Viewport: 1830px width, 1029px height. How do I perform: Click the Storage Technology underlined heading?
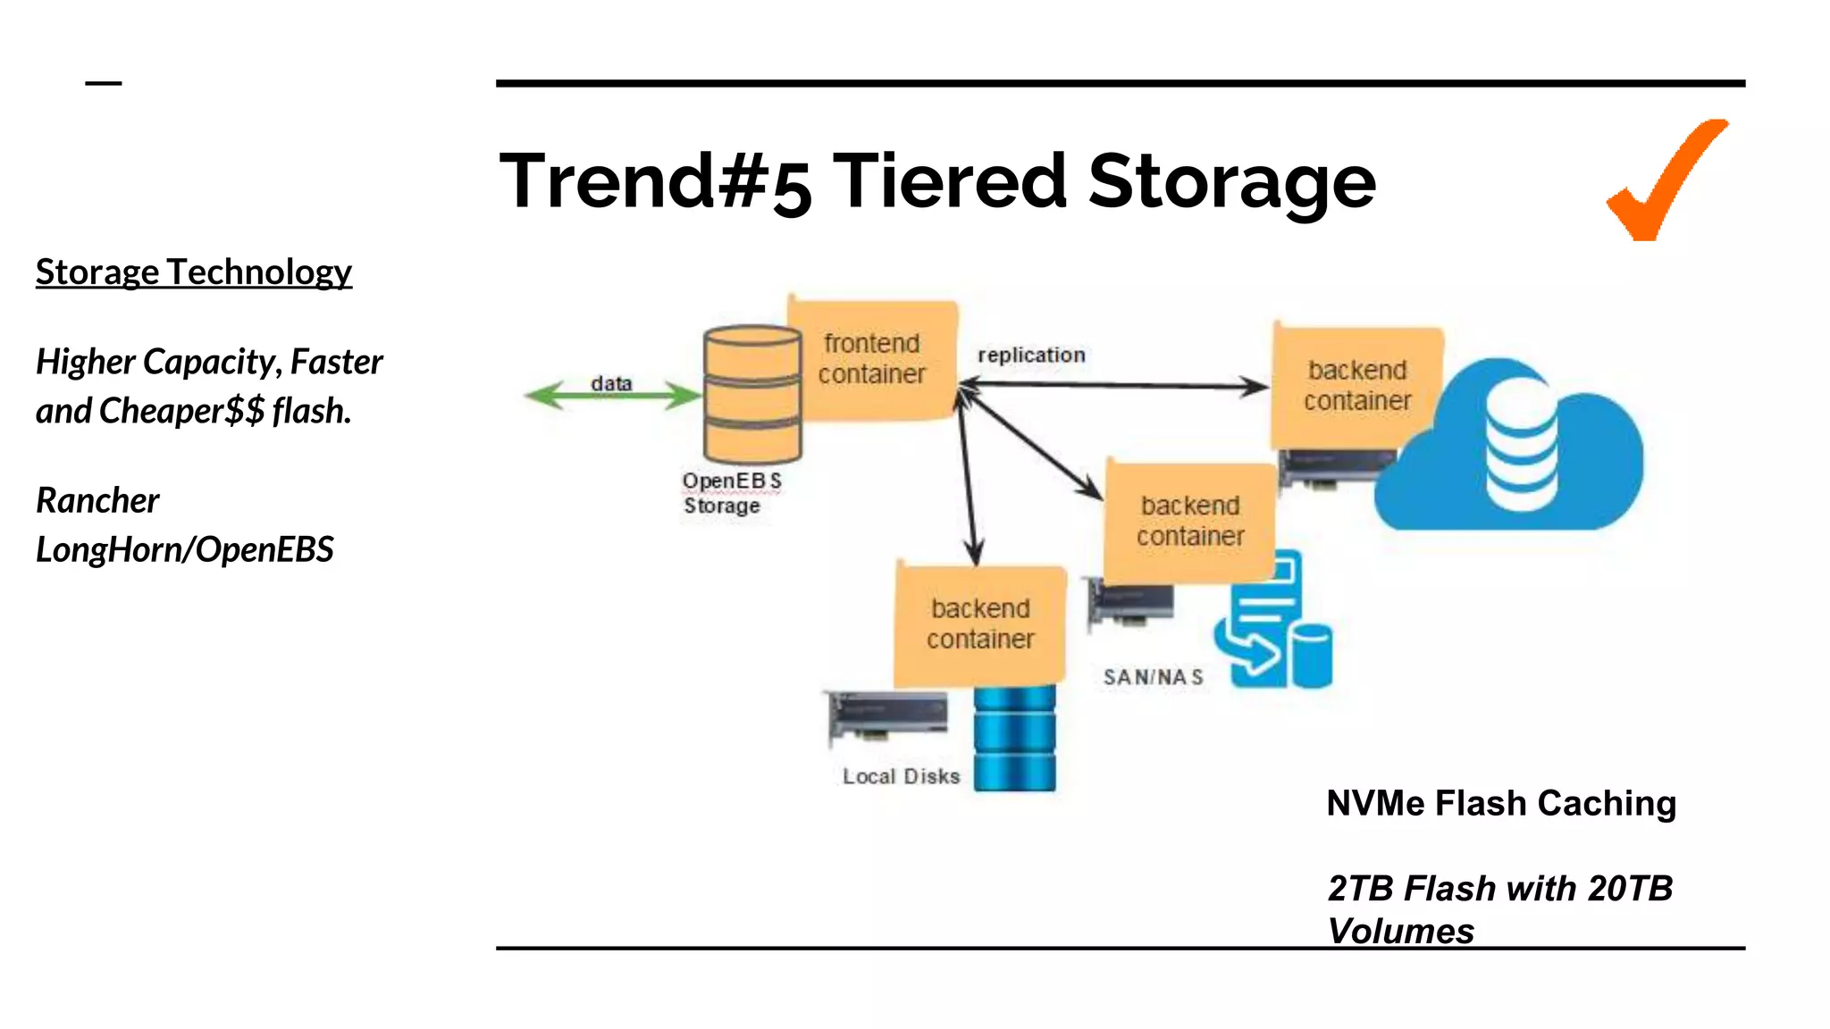pyautogui.click(x=194, y=272)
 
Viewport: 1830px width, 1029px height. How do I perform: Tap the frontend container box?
pyautogui.click(x=873, y=359)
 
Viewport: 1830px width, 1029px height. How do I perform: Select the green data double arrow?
pyautogui.click(x=613, y=396)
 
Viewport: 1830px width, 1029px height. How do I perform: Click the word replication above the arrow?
pyautogui.click(x=1031, y=356)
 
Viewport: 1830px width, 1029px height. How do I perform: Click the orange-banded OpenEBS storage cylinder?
pyautogui.click(x=752, y=394)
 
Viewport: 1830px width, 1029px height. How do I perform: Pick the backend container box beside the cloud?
pyautogui.click(x=1356, y=386)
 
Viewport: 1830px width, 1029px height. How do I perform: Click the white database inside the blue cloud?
pyautogui.click(x=1521, y=444)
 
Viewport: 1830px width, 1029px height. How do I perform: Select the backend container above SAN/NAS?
pyautogui.click(x=1189, y=521)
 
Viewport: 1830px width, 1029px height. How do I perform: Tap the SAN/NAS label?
pyautogui.click(x=1153, y=677)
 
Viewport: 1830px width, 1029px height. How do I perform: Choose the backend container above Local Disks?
pyautogui.click(x=980, y=624)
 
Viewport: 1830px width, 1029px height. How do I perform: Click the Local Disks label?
pyautogui.click(x=901, y=776)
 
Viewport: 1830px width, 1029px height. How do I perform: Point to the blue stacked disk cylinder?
pyautogui.click(x=1014, y=739)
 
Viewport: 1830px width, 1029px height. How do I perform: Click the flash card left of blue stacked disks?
pyautogui.click(x=887, y=716)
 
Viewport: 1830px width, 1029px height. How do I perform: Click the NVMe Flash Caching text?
pyautogui.click(x=1500, y=803)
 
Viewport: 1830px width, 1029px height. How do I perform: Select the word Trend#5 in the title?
pyautogui.click(x=655, y=182)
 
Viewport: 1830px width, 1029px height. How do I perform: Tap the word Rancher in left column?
pyautogui.click(x=97, y=500)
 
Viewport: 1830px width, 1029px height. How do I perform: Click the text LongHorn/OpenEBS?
pyautogui.click(x=185, y=549)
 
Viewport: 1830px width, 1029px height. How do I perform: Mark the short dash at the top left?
pyautogui.click(x=104, y=83)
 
